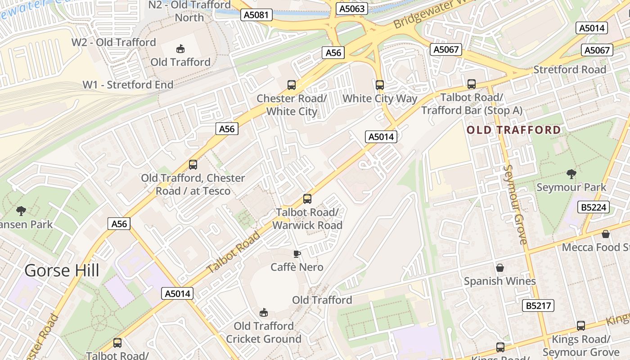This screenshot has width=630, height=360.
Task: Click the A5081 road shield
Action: (x=256, y=15)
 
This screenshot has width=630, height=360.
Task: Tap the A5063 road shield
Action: (x=352, y=9)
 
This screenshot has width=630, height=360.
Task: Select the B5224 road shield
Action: (x=594, y=207)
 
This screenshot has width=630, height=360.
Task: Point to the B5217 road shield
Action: (x=539, y=306)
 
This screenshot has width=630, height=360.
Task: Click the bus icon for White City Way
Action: (x=380, y=85)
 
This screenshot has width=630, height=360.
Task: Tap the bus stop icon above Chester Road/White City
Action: (x=292, y=85)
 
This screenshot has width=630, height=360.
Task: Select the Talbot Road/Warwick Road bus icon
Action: (x=307, y=198)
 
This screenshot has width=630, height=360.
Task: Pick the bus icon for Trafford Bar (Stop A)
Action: (x=472, y=84)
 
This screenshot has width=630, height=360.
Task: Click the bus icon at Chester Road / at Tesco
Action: (x=193, y=164)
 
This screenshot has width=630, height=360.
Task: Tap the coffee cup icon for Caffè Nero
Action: (x=297, y=254)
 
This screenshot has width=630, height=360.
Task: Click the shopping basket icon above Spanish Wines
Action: (x=500, y=268)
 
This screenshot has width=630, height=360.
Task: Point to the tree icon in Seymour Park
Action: (x=571, y=174)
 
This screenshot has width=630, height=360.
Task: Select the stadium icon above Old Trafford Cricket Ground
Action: (x=264, y=312)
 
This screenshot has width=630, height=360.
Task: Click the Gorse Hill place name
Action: (x=62, y=270)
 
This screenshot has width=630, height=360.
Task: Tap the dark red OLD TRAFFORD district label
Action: (x=513, y=130)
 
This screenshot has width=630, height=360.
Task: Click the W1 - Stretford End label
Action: (x=128, y=85)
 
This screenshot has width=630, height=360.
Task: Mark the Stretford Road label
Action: (x=569, y=70)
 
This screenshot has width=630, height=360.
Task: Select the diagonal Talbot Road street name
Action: (x=234, y=252)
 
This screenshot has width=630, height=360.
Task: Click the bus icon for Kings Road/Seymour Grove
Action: (x=581, y=326)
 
